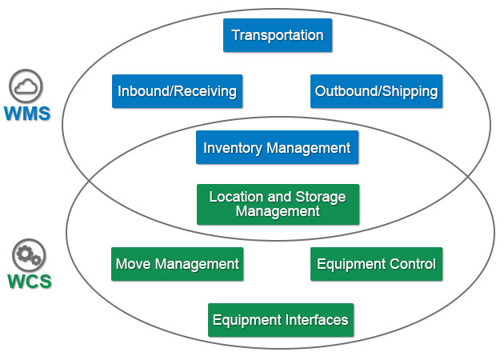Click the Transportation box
(277, 35)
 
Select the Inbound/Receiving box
(177, 91)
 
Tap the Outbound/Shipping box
(376, 91)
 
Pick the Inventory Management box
(277, 148)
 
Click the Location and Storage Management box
(278, 204)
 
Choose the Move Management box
(177, 264)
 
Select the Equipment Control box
(376, 264)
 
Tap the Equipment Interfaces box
(280, 320)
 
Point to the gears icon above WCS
(29, 257)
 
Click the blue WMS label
(26, 113)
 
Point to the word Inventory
(230, 148)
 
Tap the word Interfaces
(318, 320)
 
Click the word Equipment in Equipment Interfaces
(247, 320)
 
